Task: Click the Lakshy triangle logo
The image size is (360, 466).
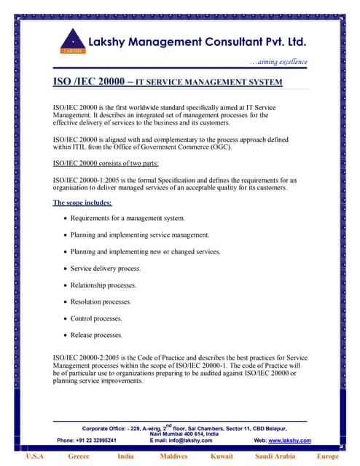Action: coord(72,42)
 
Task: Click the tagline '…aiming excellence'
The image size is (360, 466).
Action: coord(278,62)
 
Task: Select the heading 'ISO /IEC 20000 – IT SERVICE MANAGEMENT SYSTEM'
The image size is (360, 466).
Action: coord(168,83)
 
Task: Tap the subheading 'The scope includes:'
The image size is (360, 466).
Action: coord(82,202)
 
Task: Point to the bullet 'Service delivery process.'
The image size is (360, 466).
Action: coord(106,269)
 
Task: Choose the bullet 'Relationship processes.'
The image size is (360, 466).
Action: coord(103,285)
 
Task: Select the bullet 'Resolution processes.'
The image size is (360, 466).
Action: coord(101,301)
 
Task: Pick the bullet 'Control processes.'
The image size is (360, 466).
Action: coord(96,318)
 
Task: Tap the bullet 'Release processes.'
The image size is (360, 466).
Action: coord(97,335)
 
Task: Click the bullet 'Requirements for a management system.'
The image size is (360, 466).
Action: coord(128,218)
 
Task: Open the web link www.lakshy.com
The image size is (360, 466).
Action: coord(290,441)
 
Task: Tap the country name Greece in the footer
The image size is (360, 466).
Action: coord(79,457)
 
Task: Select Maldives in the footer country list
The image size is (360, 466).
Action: coord(173,457)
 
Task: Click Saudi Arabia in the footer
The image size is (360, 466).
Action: coord(275,457)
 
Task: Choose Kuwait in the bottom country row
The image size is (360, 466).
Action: coord(222,457)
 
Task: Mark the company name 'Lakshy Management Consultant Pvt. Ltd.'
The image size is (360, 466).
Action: coord(197,42)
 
